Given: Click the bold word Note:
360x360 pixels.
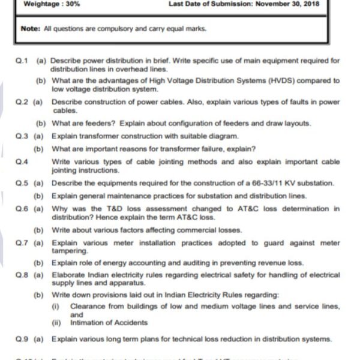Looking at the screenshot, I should click(x=30, y=28).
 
